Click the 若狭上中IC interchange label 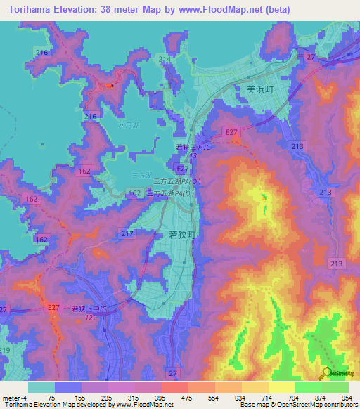(x=87, y=309)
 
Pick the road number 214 (x=165, y=58)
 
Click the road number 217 (x=127, y=233)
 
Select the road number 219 (x=6, y=349)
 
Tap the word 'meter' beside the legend (x=11, y=398)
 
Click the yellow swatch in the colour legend (x=281, y=387)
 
